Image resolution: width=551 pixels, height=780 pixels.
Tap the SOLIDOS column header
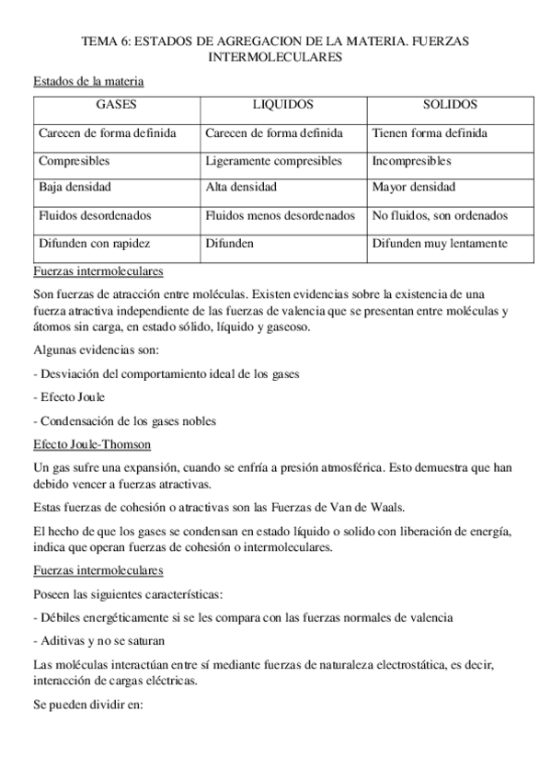[x=450, y=106]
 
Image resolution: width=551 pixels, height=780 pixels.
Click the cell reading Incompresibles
[x=412, y=161]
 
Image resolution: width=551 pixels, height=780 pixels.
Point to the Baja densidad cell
[x=75, y=188]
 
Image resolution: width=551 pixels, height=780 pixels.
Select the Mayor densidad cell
[x=413, y=188]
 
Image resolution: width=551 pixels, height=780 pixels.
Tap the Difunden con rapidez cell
[x=94, y=244]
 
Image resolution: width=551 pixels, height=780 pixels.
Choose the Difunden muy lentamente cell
[x=440, y=244]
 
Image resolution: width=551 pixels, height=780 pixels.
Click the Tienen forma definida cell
[x=423, y=133]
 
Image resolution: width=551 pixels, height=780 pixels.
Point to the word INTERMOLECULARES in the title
[x=276, y=57]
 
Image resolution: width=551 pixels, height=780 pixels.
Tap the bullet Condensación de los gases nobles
[x=124, y=421]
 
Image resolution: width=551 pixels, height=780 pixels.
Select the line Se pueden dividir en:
[x=83, y=708]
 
